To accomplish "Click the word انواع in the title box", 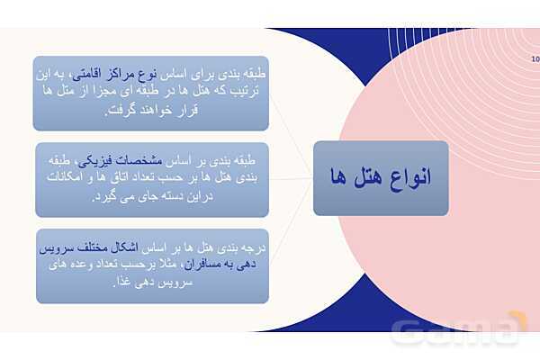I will [x=408, y=177].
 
